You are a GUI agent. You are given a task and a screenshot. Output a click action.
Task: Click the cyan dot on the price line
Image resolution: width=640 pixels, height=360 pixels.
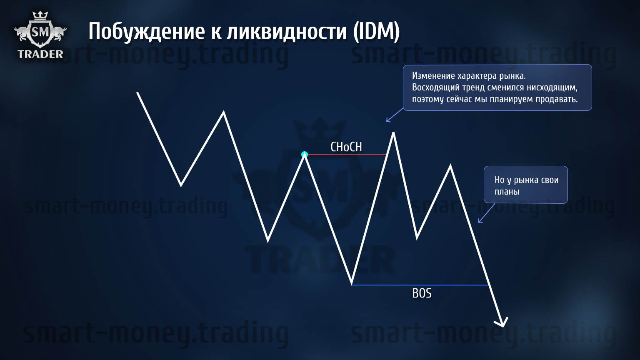305,155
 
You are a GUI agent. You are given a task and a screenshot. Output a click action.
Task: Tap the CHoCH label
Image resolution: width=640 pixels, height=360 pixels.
346,147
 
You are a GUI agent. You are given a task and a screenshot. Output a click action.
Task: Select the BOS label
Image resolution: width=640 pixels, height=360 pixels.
422,293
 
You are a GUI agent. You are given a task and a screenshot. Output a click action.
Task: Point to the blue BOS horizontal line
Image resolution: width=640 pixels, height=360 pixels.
420,285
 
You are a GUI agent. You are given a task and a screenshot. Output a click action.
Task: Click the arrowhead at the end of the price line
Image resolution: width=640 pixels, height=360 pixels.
502,325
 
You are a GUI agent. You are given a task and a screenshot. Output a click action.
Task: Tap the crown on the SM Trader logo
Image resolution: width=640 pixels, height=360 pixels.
40,15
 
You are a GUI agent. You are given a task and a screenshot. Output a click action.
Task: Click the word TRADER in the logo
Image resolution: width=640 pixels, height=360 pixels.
40,54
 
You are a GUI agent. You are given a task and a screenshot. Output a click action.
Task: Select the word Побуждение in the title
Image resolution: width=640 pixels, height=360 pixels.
147,31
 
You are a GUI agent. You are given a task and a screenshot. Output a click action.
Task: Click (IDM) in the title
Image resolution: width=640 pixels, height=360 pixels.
376,31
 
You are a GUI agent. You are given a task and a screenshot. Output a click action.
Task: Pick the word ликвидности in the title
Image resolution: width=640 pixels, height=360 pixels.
287,31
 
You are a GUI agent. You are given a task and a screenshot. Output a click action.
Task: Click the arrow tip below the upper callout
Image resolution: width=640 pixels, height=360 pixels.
387,121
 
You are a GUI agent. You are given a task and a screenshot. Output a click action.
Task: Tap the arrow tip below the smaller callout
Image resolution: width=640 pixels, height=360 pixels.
479,222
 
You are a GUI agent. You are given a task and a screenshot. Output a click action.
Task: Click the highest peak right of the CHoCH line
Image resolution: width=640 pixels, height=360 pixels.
393,133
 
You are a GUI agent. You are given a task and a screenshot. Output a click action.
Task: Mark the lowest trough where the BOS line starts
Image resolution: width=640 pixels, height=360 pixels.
352,284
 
